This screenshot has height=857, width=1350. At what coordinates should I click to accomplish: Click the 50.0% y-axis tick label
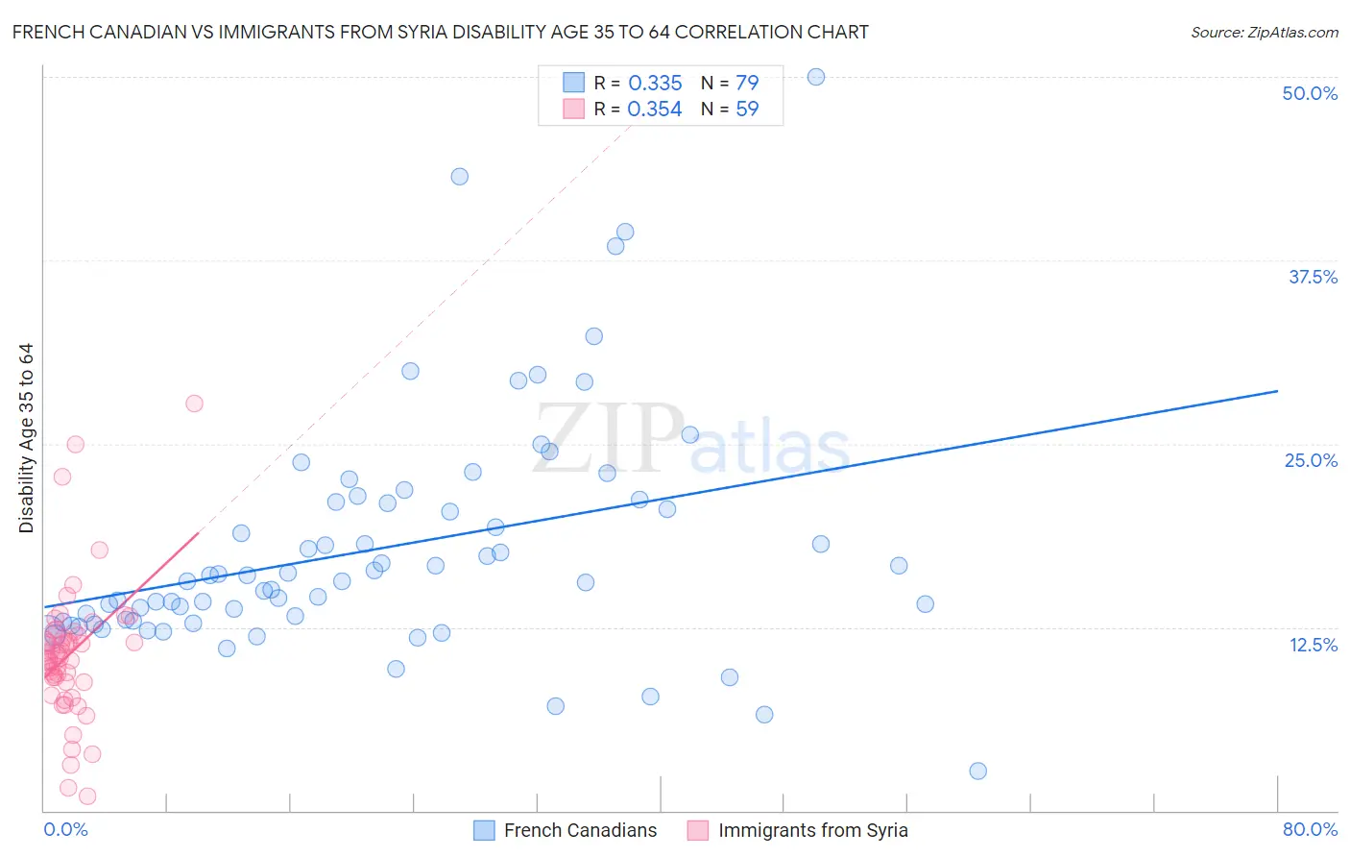coord(1310,93)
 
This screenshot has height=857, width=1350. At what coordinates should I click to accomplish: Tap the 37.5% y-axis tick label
coord(1313,277)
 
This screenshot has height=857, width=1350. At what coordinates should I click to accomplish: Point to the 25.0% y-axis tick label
coord(1311,460)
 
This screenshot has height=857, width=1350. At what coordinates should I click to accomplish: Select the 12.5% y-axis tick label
coord(1313,645)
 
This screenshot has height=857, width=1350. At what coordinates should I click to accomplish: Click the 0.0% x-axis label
coord(65,829)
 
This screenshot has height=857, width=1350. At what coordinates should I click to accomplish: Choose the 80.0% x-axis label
coord(1310,829)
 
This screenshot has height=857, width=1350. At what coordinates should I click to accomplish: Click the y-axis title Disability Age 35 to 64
coord(26,438)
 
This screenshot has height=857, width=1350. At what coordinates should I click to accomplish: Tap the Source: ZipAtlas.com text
coord(1264,33)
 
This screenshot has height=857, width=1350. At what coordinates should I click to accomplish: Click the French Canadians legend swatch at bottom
coord(485,830)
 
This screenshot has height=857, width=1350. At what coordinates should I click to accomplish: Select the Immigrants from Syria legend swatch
coord(698,830)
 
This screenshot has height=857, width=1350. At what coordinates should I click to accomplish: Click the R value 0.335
coord(655,84)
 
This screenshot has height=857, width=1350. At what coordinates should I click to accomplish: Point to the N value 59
coord(747,110)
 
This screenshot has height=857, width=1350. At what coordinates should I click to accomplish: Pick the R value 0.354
coord(655,110)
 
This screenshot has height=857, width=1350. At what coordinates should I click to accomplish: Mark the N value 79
coord(747,84)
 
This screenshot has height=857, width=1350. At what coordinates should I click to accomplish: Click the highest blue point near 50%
coord(816,77)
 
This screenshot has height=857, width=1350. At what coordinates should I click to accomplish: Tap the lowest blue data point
coord(978,771)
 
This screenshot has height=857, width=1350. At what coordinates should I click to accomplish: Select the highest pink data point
coord(194,404)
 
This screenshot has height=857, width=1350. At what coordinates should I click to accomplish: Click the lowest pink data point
coord(87,796)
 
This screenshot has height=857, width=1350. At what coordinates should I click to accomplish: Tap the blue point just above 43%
coord(460,177)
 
